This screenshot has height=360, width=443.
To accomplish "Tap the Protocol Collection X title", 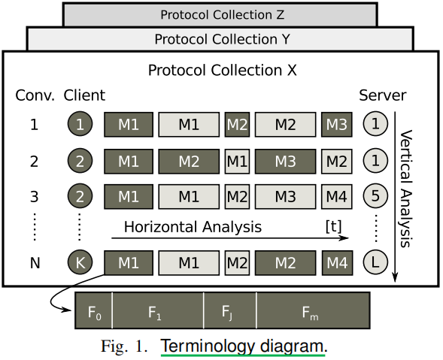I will [x=222, y=71].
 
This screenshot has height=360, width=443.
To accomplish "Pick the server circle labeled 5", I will [x=375, y=196].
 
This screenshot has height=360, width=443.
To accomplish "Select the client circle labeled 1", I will [x=80, y=124].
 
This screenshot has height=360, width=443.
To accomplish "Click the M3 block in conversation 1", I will [x=336, y=124].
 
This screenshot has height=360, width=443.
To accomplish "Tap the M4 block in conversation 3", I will [x=336, y=196].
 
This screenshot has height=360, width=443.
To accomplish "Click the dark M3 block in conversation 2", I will [x=285, y=160].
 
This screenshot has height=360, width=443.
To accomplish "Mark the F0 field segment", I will [x=94, y=310].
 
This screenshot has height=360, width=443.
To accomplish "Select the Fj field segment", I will [x=229, y=310].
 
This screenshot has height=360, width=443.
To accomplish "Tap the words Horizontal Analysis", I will [x=193, y=226].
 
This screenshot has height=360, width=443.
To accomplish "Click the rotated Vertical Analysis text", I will [x=407, y=188].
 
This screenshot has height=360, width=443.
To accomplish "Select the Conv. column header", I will [x=35, y=95].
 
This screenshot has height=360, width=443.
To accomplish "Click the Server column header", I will [x=382, y=95].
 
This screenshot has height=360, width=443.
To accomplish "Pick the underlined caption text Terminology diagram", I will [x=243, y=346].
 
